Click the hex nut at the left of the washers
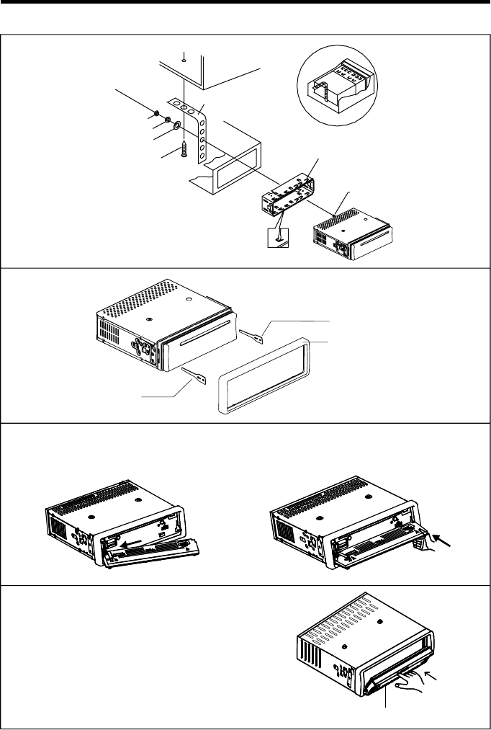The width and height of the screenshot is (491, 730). (x=156, y=114)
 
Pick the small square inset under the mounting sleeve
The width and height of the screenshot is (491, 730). (x=276, y=237)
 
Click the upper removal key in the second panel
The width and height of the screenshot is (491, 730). (x=258, y=332)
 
